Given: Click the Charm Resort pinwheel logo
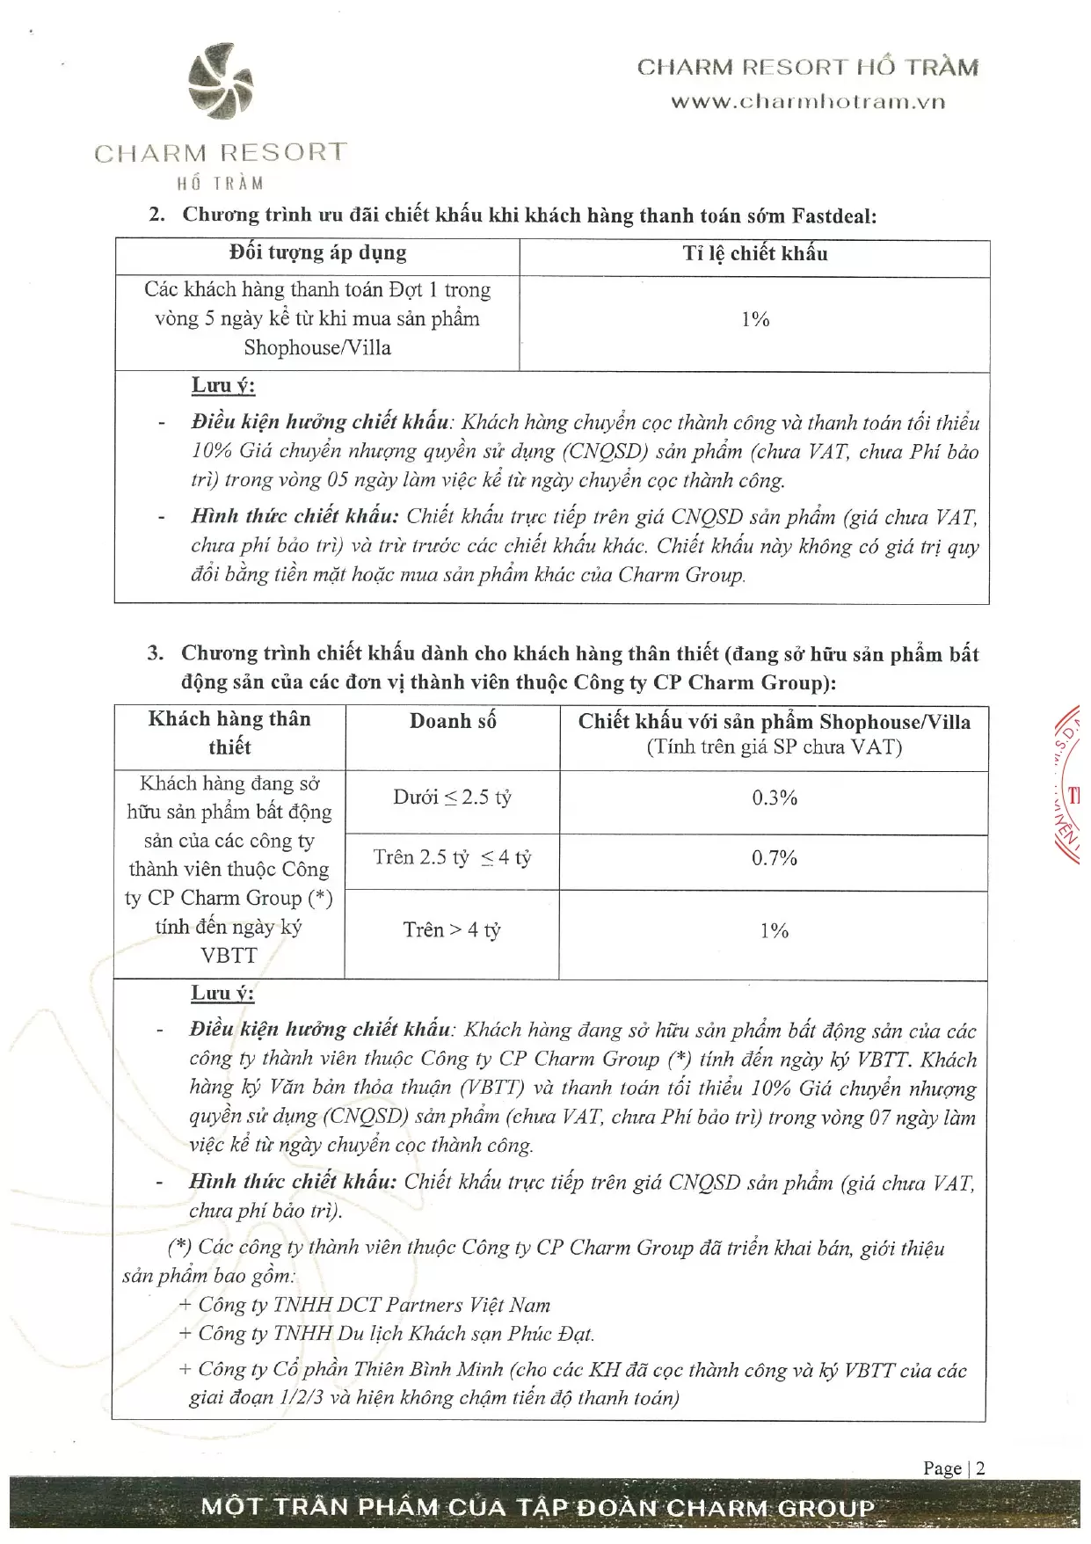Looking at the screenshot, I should [221, 82].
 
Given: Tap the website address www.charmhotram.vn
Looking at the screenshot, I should [808, 102].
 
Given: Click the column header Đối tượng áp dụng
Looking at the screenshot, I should [317, 254].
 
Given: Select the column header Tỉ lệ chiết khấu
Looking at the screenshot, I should [754, 255].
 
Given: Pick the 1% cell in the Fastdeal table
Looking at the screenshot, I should [754, 319].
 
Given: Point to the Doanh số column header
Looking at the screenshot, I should [453, 722].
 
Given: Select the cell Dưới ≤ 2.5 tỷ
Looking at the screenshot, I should [452, 798].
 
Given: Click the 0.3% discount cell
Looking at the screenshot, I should [774, 798].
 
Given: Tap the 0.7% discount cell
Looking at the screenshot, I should [774, 858].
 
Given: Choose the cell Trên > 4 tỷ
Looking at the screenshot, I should [452, 930].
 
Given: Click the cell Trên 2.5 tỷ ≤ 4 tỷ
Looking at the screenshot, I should [452, 858].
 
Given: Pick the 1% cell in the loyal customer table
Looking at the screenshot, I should [774, 931].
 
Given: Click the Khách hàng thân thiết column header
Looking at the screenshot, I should [229, 733].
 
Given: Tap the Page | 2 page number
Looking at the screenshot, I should [953, 1468].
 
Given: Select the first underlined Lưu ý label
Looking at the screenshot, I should [223, 386].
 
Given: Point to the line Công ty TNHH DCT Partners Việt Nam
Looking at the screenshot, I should [365, 1306].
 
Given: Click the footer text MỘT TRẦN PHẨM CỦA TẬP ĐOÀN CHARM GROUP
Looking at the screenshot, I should [538, 1508].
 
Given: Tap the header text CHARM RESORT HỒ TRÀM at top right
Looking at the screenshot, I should [807, 68].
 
